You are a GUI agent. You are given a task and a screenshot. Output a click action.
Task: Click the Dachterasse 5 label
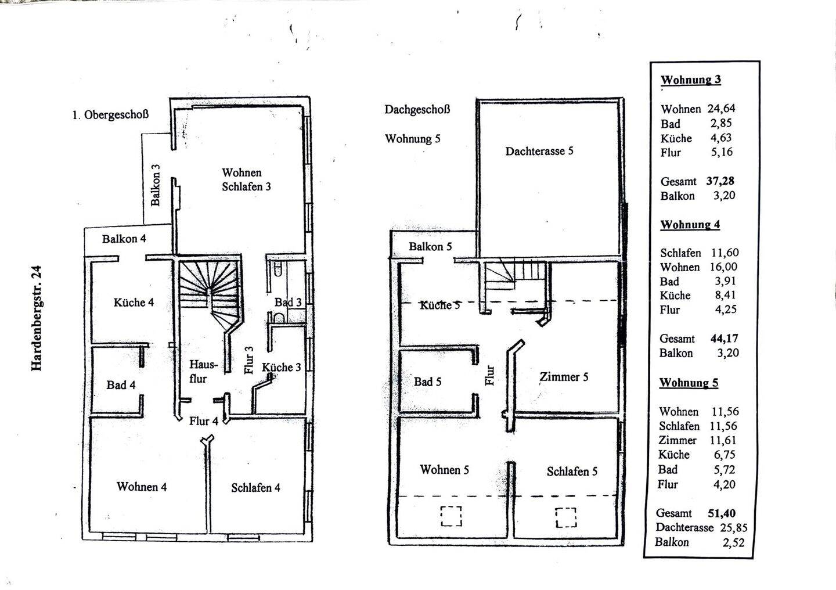tap(539, 151)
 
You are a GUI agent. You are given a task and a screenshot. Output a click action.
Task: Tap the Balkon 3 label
tap(155, 185)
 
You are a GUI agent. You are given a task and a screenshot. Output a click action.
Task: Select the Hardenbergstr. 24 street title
tap(37, 318)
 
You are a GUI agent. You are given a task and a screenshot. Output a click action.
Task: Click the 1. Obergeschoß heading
tap(110, 114)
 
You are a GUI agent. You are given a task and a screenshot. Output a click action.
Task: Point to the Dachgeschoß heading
tap(417, 109)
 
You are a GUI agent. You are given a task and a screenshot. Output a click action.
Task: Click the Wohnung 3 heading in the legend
tap(690, 80)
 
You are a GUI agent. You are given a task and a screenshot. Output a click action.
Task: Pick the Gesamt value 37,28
tap(720, 181)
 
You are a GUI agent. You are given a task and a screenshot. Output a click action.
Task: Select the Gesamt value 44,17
tap(725, 339)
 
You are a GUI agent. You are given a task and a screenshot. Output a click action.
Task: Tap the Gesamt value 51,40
tap(722, 513)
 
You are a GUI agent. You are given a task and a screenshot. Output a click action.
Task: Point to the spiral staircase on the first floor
tap(210, 295)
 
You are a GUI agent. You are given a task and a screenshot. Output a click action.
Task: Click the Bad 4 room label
tap(121, 384)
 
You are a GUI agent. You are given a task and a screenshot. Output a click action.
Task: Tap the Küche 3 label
tap(281, 368)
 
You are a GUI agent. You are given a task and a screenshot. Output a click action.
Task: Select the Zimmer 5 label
tap(564, 377)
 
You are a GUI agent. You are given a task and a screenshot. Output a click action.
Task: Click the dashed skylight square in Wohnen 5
tap(451, 516)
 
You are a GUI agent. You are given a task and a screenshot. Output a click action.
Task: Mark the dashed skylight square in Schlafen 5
tap(566, 517)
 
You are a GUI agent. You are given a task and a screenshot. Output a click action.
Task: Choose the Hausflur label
tap(203, 372)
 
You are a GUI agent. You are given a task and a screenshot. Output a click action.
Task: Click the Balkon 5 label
tap(430, 246)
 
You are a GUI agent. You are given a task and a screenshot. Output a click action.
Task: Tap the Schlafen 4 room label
tap(255, 488)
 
